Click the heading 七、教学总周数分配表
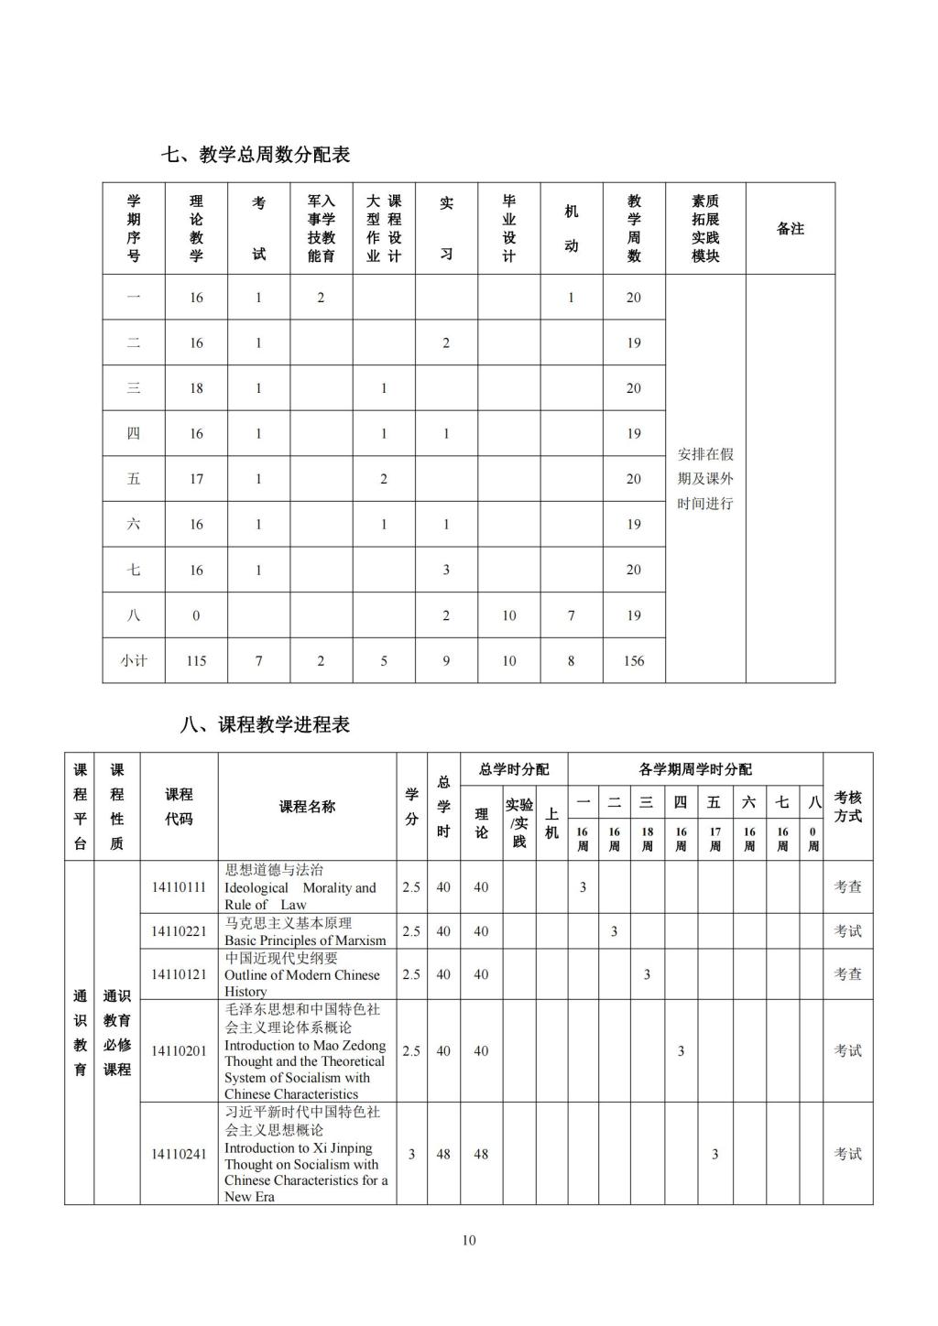pos(256,155)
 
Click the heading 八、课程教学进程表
pos(266,724)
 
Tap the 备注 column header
pos(790,229)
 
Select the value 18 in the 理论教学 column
pos(196,388)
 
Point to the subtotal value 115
pos(196,660)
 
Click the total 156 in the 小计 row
pos(633,660)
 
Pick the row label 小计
pos(134,660)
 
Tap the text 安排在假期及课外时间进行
pos(705,478)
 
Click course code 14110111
pos(179,886)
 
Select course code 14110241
pos(179,1154)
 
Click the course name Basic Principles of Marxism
pos(305,940)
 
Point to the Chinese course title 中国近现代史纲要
pos(281,958)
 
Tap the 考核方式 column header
pos(847,807)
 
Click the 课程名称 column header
pos(307,807)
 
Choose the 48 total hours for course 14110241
pos(443,1154)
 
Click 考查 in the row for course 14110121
pos(847,974)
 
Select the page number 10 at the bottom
pos(469,1240)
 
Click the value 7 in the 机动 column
pos(571,615)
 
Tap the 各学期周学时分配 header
pos(695,769)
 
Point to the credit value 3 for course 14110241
pos(411,1154)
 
